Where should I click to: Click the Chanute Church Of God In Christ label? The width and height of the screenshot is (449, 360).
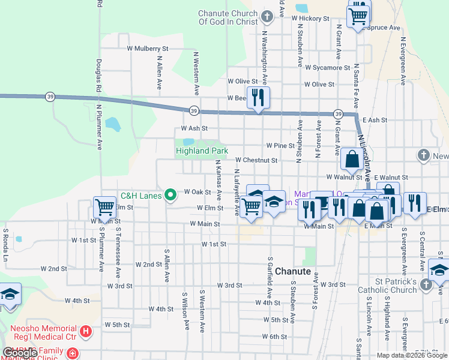(x=228, y=17)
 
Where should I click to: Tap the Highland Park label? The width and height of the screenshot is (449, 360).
(x=201, y=151)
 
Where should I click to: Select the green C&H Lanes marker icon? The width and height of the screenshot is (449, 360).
(x=170, y=194)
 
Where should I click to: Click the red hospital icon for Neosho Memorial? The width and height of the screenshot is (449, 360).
(x=86, y=331)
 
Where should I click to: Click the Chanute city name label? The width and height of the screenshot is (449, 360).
(x=293, y=271)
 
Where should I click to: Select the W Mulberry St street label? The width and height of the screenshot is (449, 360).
(x=148, y=48)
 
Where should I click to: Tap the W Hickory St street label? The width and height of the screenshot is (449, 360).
(x=311, y=19)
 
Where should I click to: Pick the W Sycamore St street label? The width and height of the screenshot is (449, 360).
(x=327, y=68)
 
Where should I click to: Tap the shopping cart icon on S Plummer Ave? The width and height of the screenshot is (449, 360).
(x=105, y=208)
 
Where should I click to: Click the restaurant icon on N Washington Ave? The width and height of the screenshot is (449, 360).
(x=259, y=97)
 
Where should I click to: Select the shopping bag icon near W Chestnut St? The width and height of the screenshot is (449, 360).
(x=352, y=160)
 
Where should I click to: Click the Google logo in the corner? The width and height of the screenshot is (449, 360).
(x=20, y=353)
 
